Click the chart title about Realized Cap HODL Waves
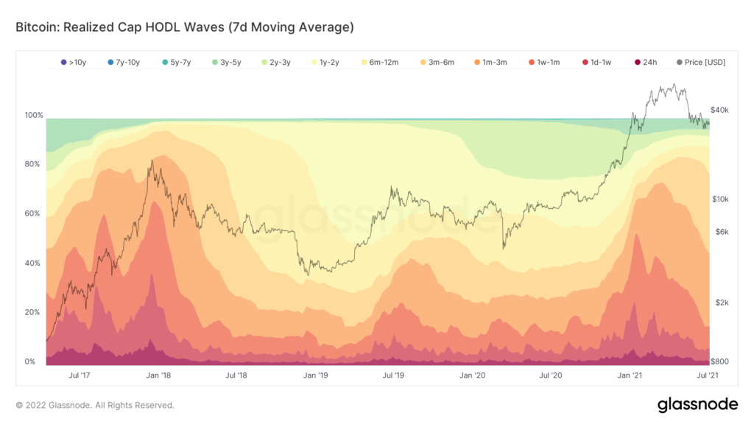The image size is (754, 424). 185,28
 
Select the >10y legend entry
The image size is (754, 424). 74,63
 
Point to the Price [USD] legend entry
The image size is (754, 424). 700,63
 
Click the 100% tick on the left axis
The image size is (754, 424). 35,116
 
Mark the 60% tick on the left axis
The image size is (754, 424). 35,214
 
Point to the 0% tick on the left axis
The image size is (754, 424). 31,362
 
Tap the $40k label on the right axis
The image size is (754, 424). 719,110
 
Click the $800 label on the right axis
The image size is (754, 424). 719,361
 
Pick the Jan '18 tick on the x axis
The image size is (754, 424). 158,375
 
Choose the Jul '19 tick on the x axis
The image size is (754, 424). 394,375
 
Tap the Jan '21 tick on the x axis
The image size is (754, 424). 629,375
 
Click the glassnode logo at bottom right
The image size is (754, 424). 697,404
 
